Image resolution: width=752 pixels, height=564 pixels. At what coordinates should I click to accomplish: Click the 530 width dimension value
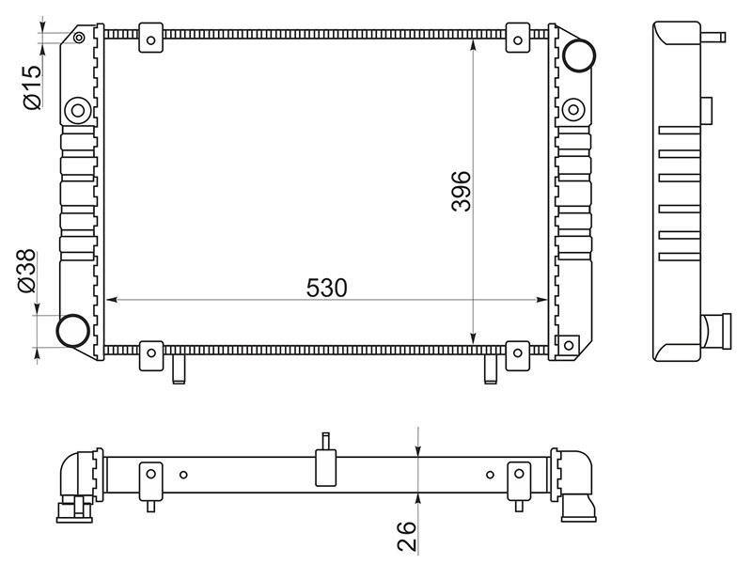tap(326, 288)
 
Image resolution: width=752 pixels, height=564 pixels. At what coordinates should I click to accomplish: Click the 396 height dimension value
tap(462, 191)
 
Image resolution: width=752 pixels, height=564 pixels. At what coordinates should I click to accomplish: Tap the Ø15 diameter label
tap(32, 87)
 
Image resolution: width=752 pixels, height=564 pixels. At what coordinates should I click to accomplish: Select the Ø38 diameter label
tap(26, 271)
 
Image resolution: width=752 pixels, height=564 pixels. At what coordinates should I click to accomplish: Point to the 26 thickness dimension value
tap(406, 536)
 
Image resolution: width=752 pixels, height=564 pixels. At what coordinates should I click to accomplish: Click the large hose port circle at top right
tap(579, 56)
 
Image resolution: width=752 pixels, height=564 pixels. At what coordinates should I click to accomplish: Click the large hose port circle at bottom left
tap(73, 331)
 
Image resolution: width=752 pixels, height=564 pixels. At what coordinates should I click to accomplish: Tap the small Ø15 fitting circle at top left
tap(79, 38)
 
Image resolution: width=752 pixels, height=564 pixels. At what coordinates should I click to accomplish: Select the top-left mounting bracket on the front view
tap(151, 38)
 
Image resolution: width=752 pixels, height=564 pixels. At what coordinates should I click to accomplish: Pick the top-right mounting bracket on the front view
tap(518, 38)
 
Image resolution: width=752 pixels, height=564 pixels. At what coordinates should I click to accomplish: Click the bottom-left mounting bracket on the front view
tap(151, 355)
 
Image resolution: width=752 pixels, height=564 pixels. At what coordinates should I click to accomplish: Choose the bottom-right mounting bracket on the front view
tap(518, 355)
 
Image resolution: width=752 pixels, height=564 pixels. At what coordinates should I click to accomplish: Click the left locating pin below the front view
tap(179, 368)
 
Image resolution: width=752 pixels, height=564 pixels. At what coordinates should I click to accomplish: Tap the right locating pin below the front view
tap(490, 368)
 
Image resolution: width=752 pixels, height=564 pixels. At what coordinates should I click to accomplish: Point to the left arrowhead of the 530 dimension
tap(111, 300)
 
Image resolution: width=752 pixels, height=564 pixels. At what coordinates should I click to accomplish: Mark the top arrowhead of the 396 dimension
tap(474, 45)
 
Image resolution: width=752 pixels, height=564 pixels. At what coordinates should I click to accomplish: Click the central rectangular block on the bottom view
tap(325, 467)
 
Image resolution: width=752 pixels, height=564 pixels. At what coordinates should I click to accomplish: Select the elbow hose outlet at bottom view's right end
tap(575, 484)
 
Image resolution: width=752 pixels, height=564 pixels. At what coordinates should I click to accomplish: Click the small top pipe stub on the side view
tap(713, 37)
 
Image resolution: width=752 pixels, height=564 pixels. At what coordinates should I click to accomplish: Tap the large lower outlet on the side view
tap(715, 331)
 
